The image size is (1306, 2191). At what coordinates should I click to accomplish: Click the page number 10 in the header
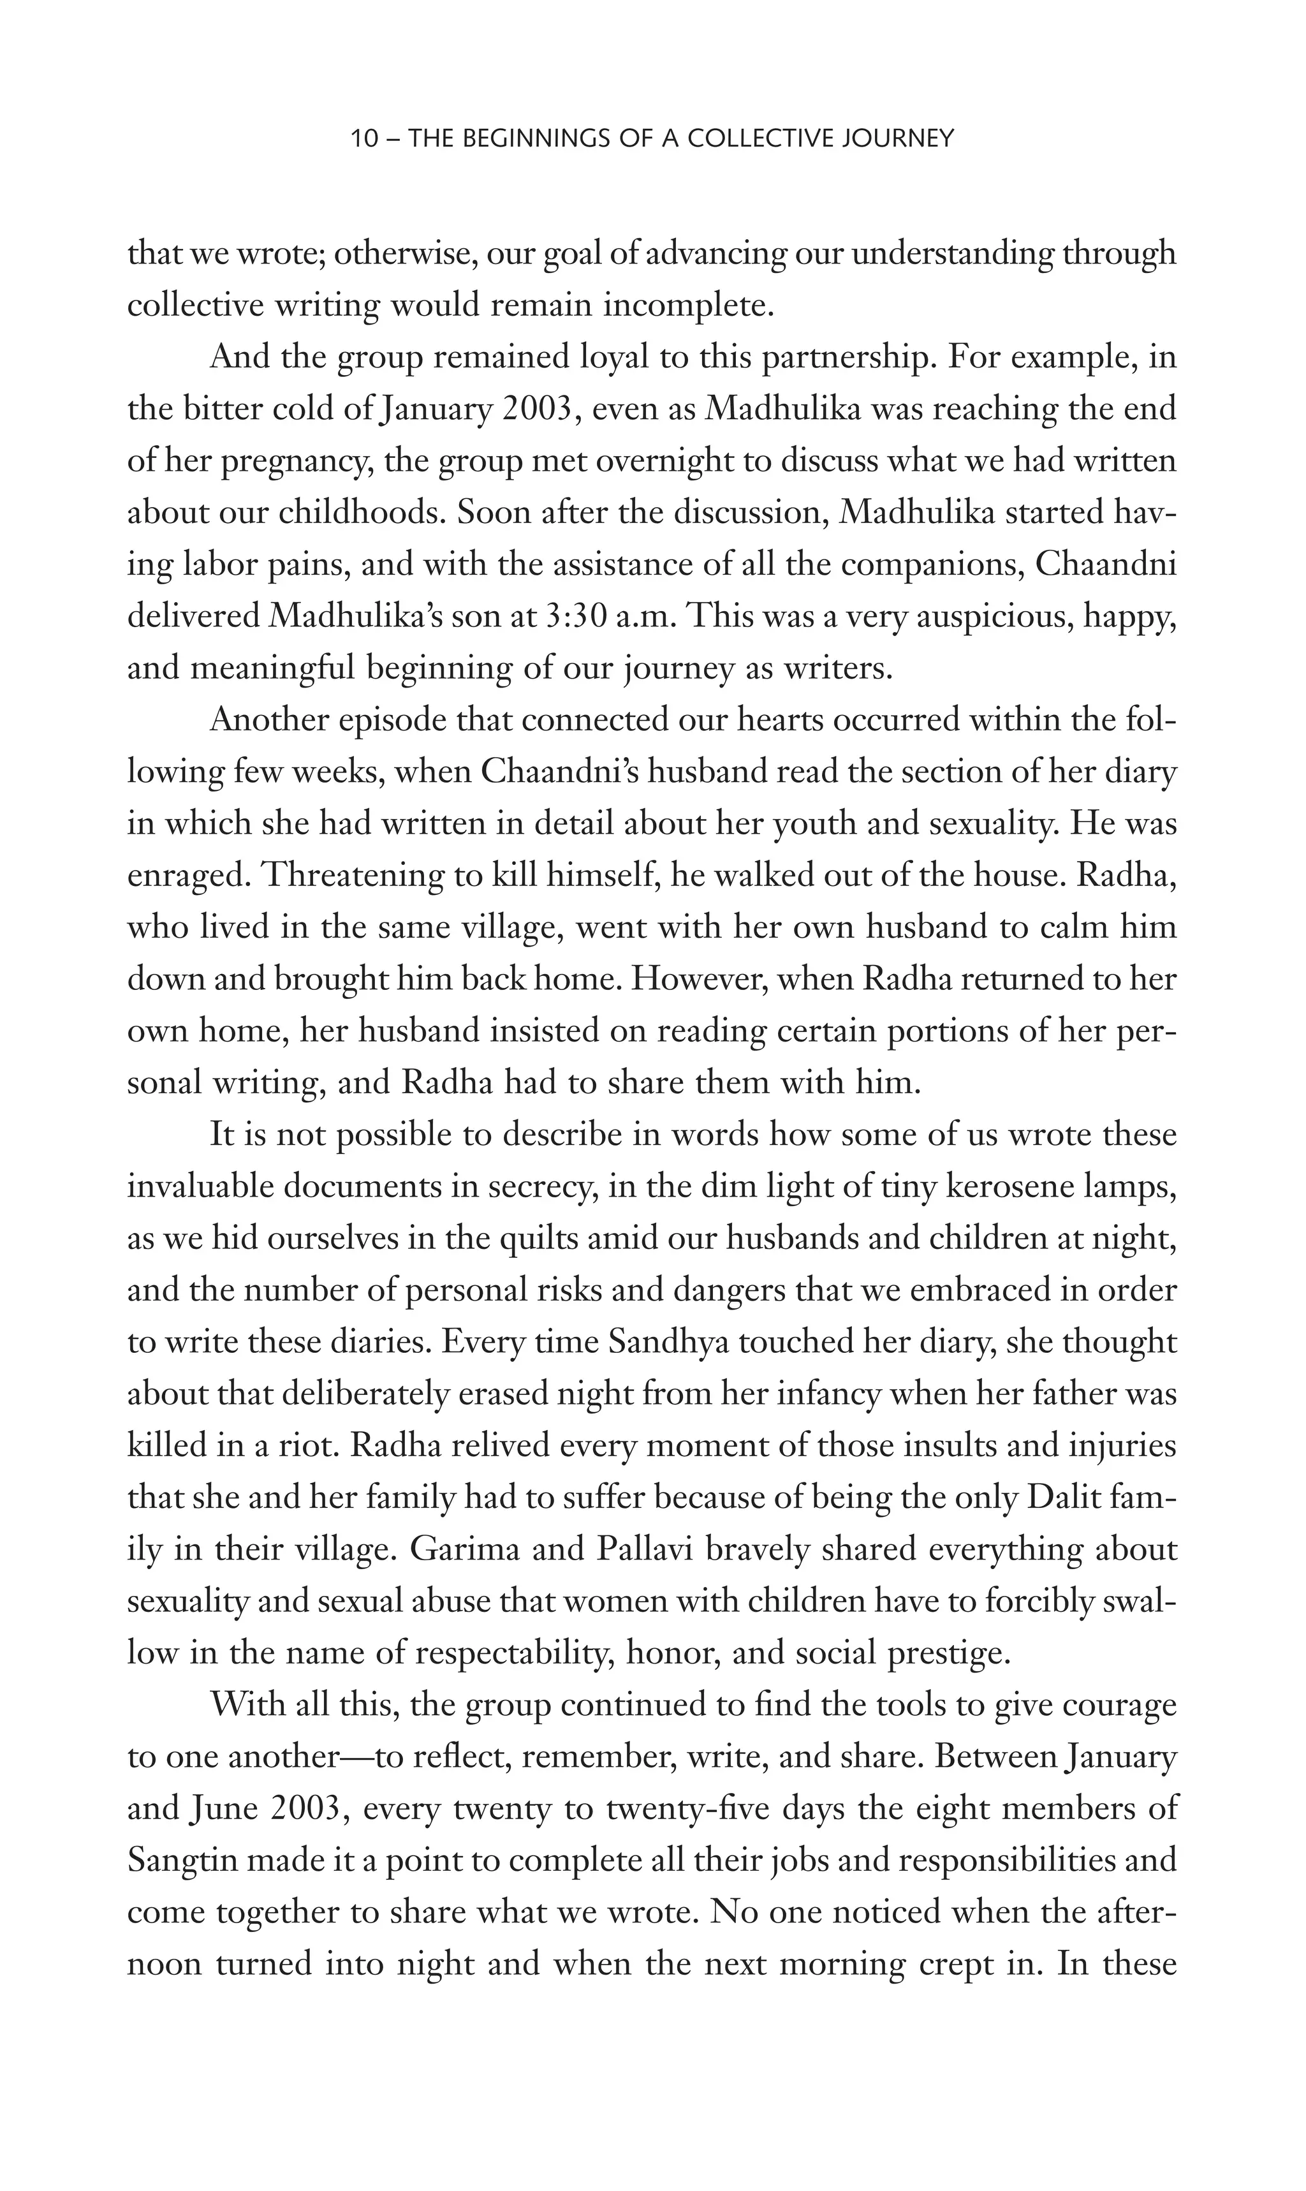363,139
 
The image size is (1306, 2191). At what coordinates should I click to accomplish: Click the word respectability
514,1653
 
